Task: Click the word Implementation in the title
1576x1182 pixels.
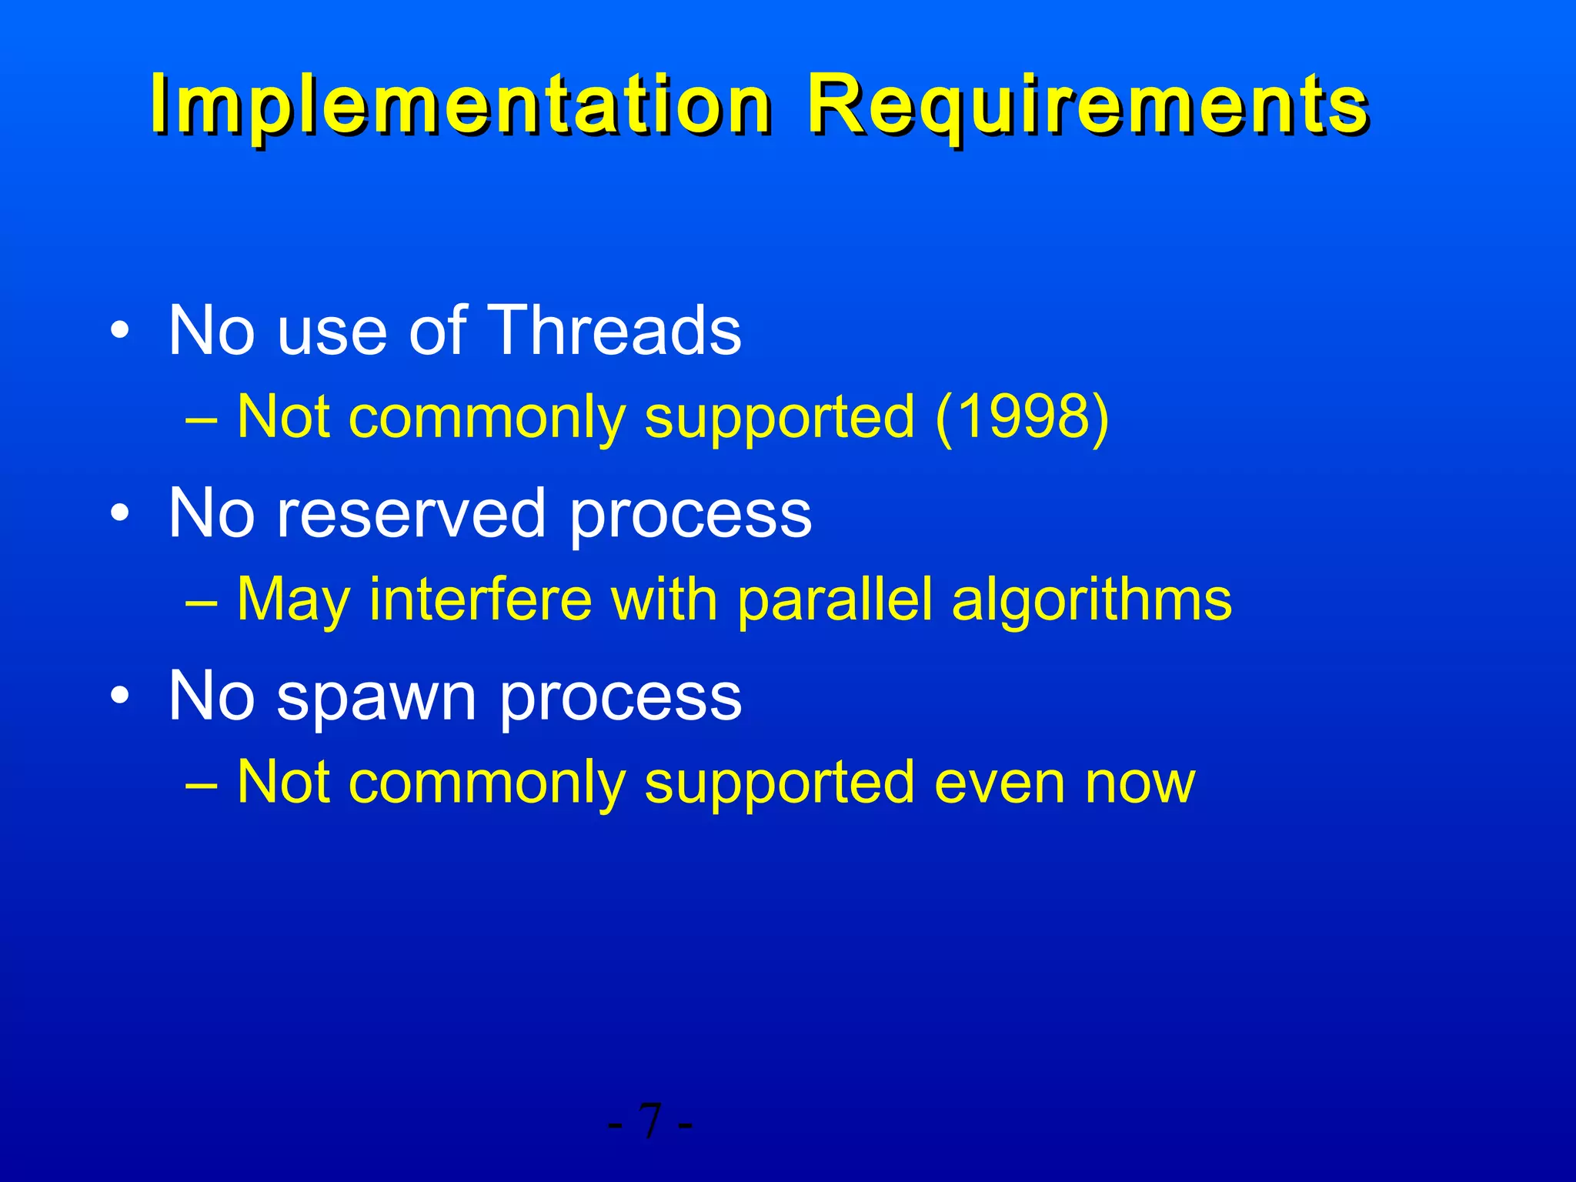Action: click(460, 105)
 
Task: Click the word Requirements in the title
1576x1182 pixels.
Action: click(1087, 105)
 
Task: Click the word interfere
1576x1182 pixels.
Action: click(481, 599)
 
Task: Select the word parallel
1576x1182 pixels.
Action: click(835, 599)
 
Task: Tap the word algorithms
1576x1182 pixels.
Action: click(1091, 599)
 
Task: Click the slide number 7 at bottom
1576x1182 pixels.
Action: click(650, 1122)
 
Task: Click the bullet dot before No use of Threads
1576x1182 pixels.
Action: click(120, 332)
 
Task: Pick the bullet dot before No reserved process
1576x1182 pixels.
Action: click(120, 514)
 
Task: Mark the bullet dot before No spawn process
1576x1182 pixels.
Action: click(120, 697)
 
